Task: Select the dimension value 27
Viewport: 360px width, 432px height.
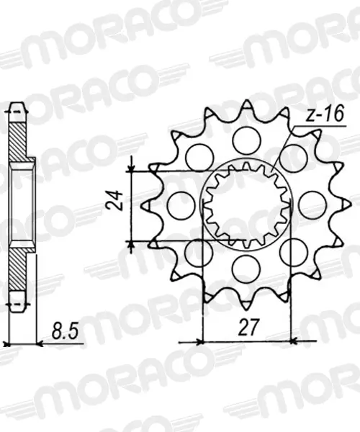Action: pyautogui.click(x=248, y=328)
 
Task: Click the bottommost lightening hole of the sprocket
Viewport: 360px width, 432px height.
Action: pyautogui.click(x=246, y=269)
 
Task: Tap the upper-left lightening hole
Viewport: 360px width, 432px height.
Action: pyautogui.click(x=199, y=158)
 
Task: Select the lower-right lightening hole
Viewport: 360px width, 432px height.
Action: pyautogui.click(x=293, y=253)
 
